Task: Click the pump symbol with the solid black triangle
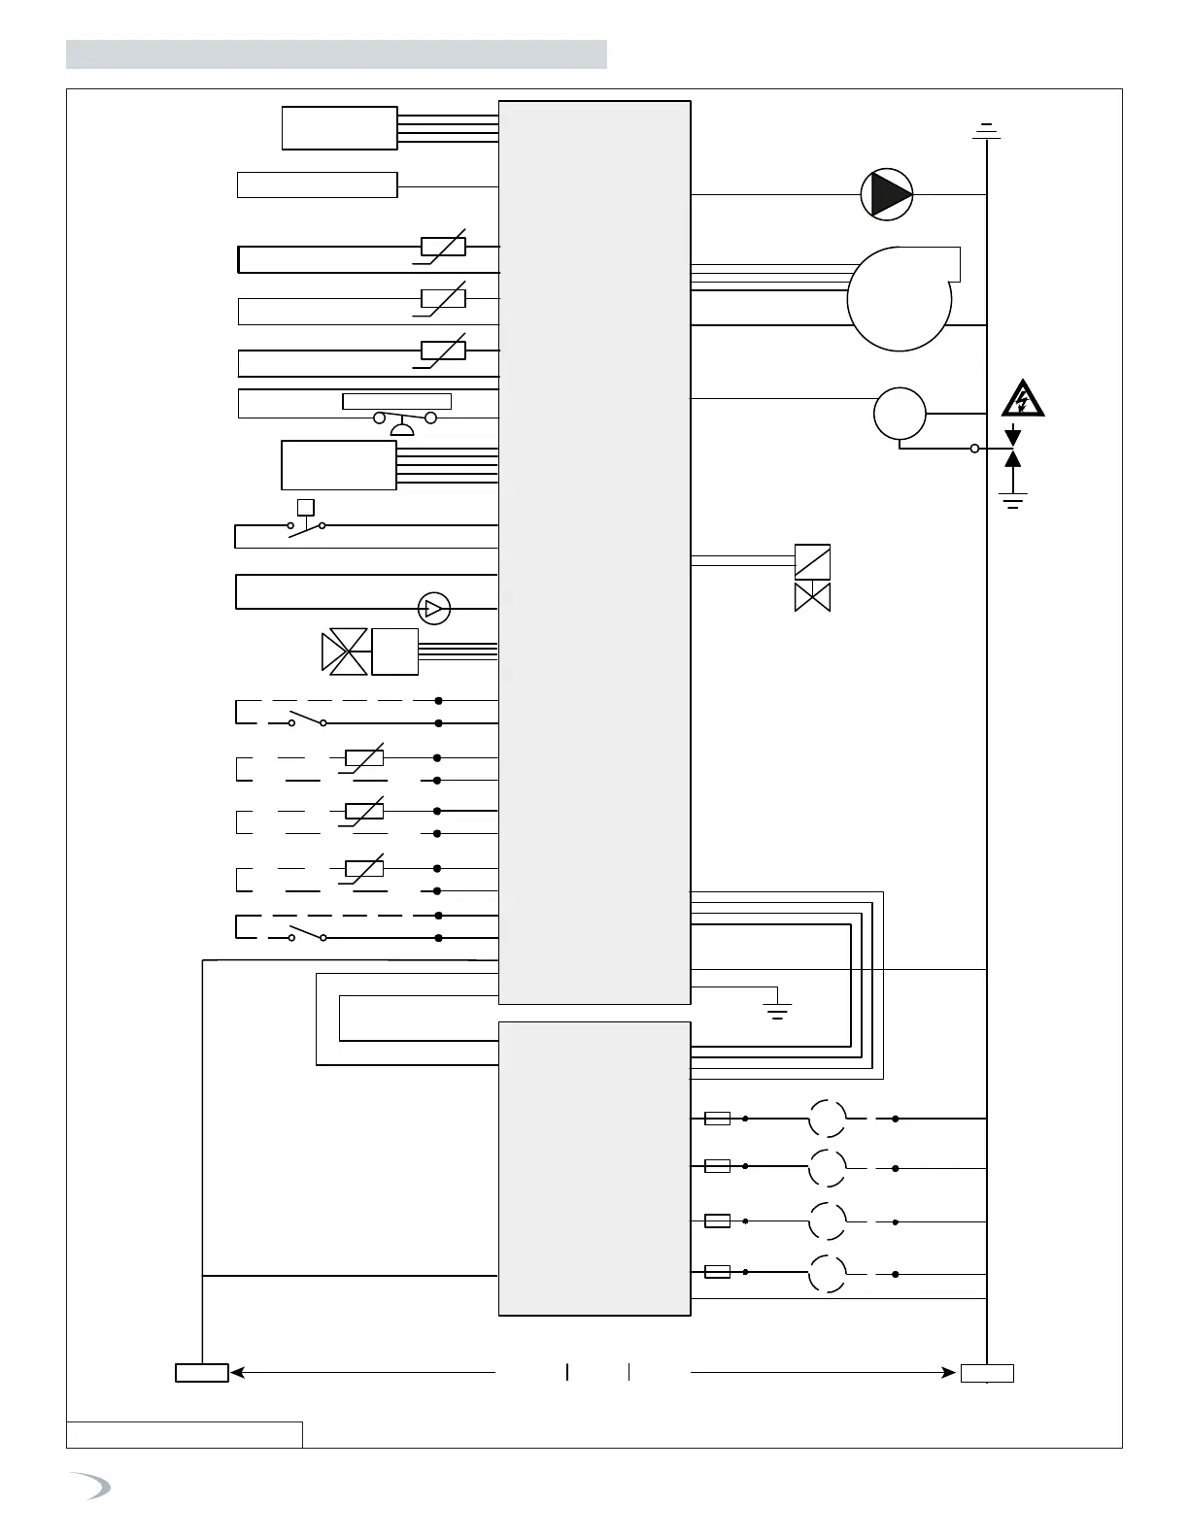click(887, 194)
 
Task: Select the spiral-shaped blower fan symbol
click(900, 297)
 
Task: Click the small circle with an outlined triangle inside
click(434, 609)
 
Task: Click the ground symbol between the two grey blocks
click(777, 1009)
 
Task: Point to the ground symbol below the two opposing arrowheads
click(1013, 501)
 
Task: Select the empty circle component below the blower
click(900, 414)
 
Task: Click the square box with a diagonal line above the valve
click(812, 562)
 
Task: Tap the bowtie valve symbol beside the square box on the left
click(345, 652)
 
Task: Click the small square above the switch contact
click(306, 506)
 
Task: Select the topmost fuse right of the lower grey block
click(717, 1119)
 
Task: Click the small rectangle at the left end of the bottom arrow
click(202, 1373)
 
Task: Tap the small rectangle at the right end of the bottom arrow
click(987, 1373)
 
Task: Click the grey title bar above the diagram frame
click(336, 54)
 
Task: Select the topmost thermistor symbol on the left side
click(443, 247)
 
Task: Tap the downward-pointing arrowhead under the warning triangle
click(1013, 436)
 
